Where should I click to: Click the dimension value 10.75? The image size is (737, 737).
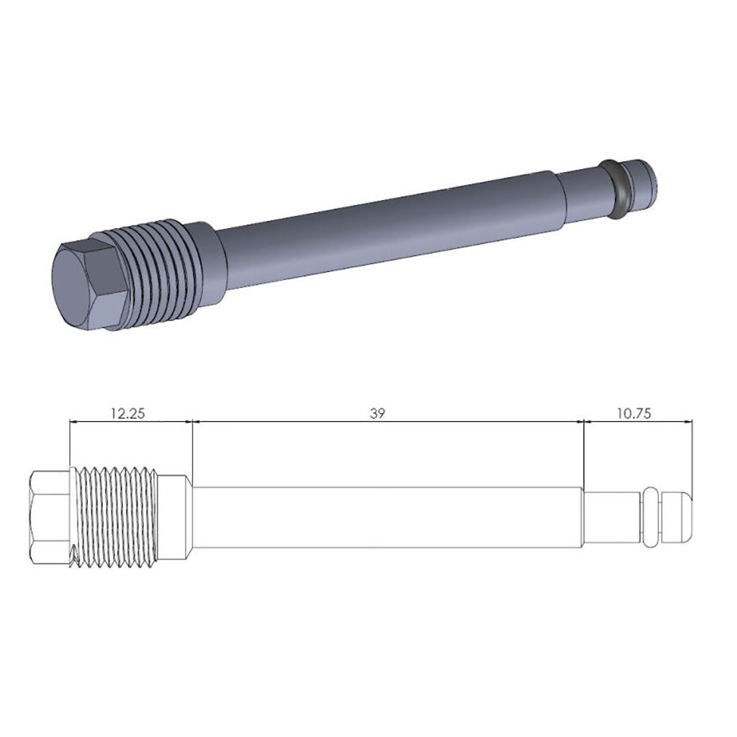[637, 413]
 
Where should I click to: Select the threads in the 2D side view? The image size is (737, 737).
[115, 515]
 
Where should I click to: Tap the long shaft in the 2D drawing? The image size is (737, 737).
[389, 517]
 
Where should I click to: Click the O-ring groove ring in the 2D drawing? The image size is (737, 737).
[651, 516]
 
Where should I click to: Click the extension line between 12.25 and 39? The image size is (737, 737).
[193, 446]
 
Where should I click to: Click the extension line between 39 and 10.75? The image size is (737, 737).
[583, 453]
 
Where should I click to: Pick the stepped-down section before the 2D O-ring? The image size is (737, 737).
[612, 517]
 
